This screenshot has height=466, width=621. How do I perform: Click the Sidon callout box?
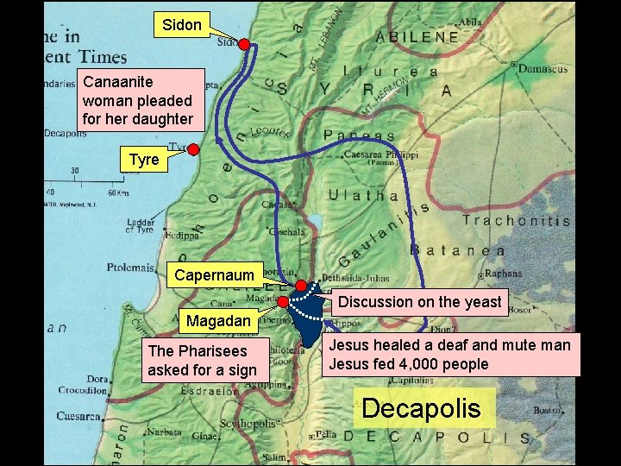181,25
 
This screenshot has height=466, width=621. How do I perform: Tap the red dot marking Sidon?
244,43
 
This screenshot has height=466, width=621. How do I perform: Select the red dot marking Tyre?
194,149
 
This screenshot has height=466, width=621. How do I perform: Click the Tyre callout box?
143,161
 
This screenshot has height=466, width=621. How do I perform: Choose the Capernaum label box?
215,275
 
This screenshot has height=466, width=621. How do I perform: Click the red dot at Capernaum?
300,286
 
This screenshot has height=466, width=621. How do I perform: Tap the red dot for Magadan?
282,302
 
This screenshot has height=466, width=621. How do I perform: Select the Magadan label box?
218,321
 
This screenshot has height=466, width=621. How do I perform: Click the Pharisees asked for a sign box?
202,361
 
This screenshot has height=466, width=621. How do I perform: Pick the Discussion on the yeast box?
419,302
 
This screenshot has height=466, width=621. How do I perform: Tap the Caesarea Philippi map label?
381,154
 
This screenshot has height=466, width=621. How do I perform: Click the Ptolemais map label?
130,268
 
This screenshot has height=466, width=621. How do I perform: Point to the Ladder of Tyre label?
141,225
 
